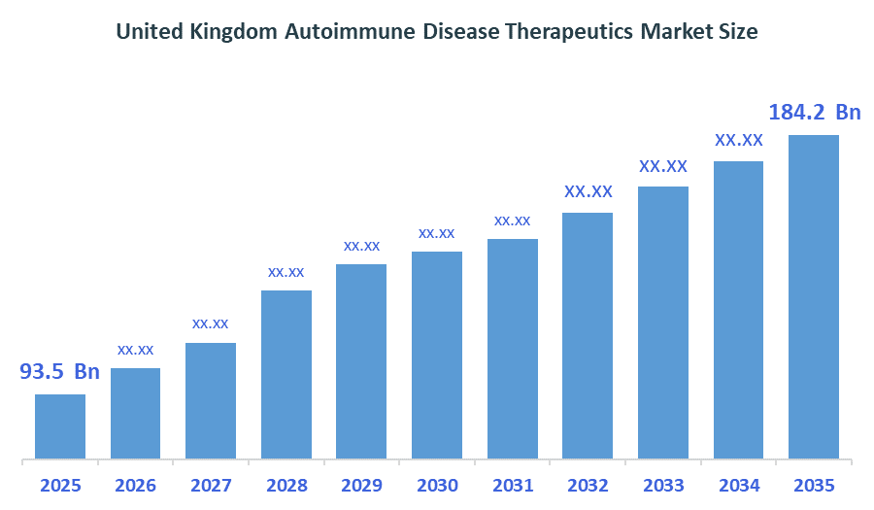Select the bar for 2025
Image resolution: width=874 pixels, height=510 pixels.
tap(60, 425)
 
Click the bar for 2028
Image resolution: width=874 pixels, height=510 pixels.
tap(286, 374)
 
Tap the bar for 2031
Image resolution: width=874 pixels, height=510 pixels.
tap(513, 348)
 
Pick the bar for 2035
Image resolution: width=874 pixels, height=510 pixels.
tap(814, 296)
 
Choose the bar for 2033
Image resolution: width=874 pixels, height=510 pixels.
tap(663, 322)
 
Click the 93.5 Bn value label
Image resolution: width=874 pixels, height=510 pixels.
tap(60, 372)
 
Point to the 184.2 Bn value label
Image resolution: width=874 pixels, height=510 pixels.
tap(815, 113)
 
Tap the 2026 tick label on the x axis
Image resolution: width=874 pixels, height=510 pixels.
tap(136, 486)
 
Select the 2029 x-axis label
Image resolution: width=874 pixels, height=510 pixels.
tap(361, 486)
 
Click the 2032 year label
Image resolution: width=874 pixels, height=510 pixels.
tap(588, 486)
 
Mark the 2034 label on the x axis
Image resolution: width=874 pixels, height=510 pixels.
tap(738, 486)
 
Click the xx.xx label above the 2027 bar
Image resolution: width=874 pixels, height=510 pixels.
tap(211, 323)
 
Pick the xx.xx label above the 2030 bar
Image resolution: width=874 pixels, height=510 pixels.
tap(437, 233)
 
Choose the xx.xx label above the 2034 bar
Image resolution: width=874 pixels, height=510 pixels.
tap(739, 140)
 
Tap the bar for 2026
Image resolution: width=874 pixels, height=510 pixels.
tap(136, 413)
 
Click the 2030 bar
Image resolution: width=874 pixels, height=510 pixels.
tap(437, 355)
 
